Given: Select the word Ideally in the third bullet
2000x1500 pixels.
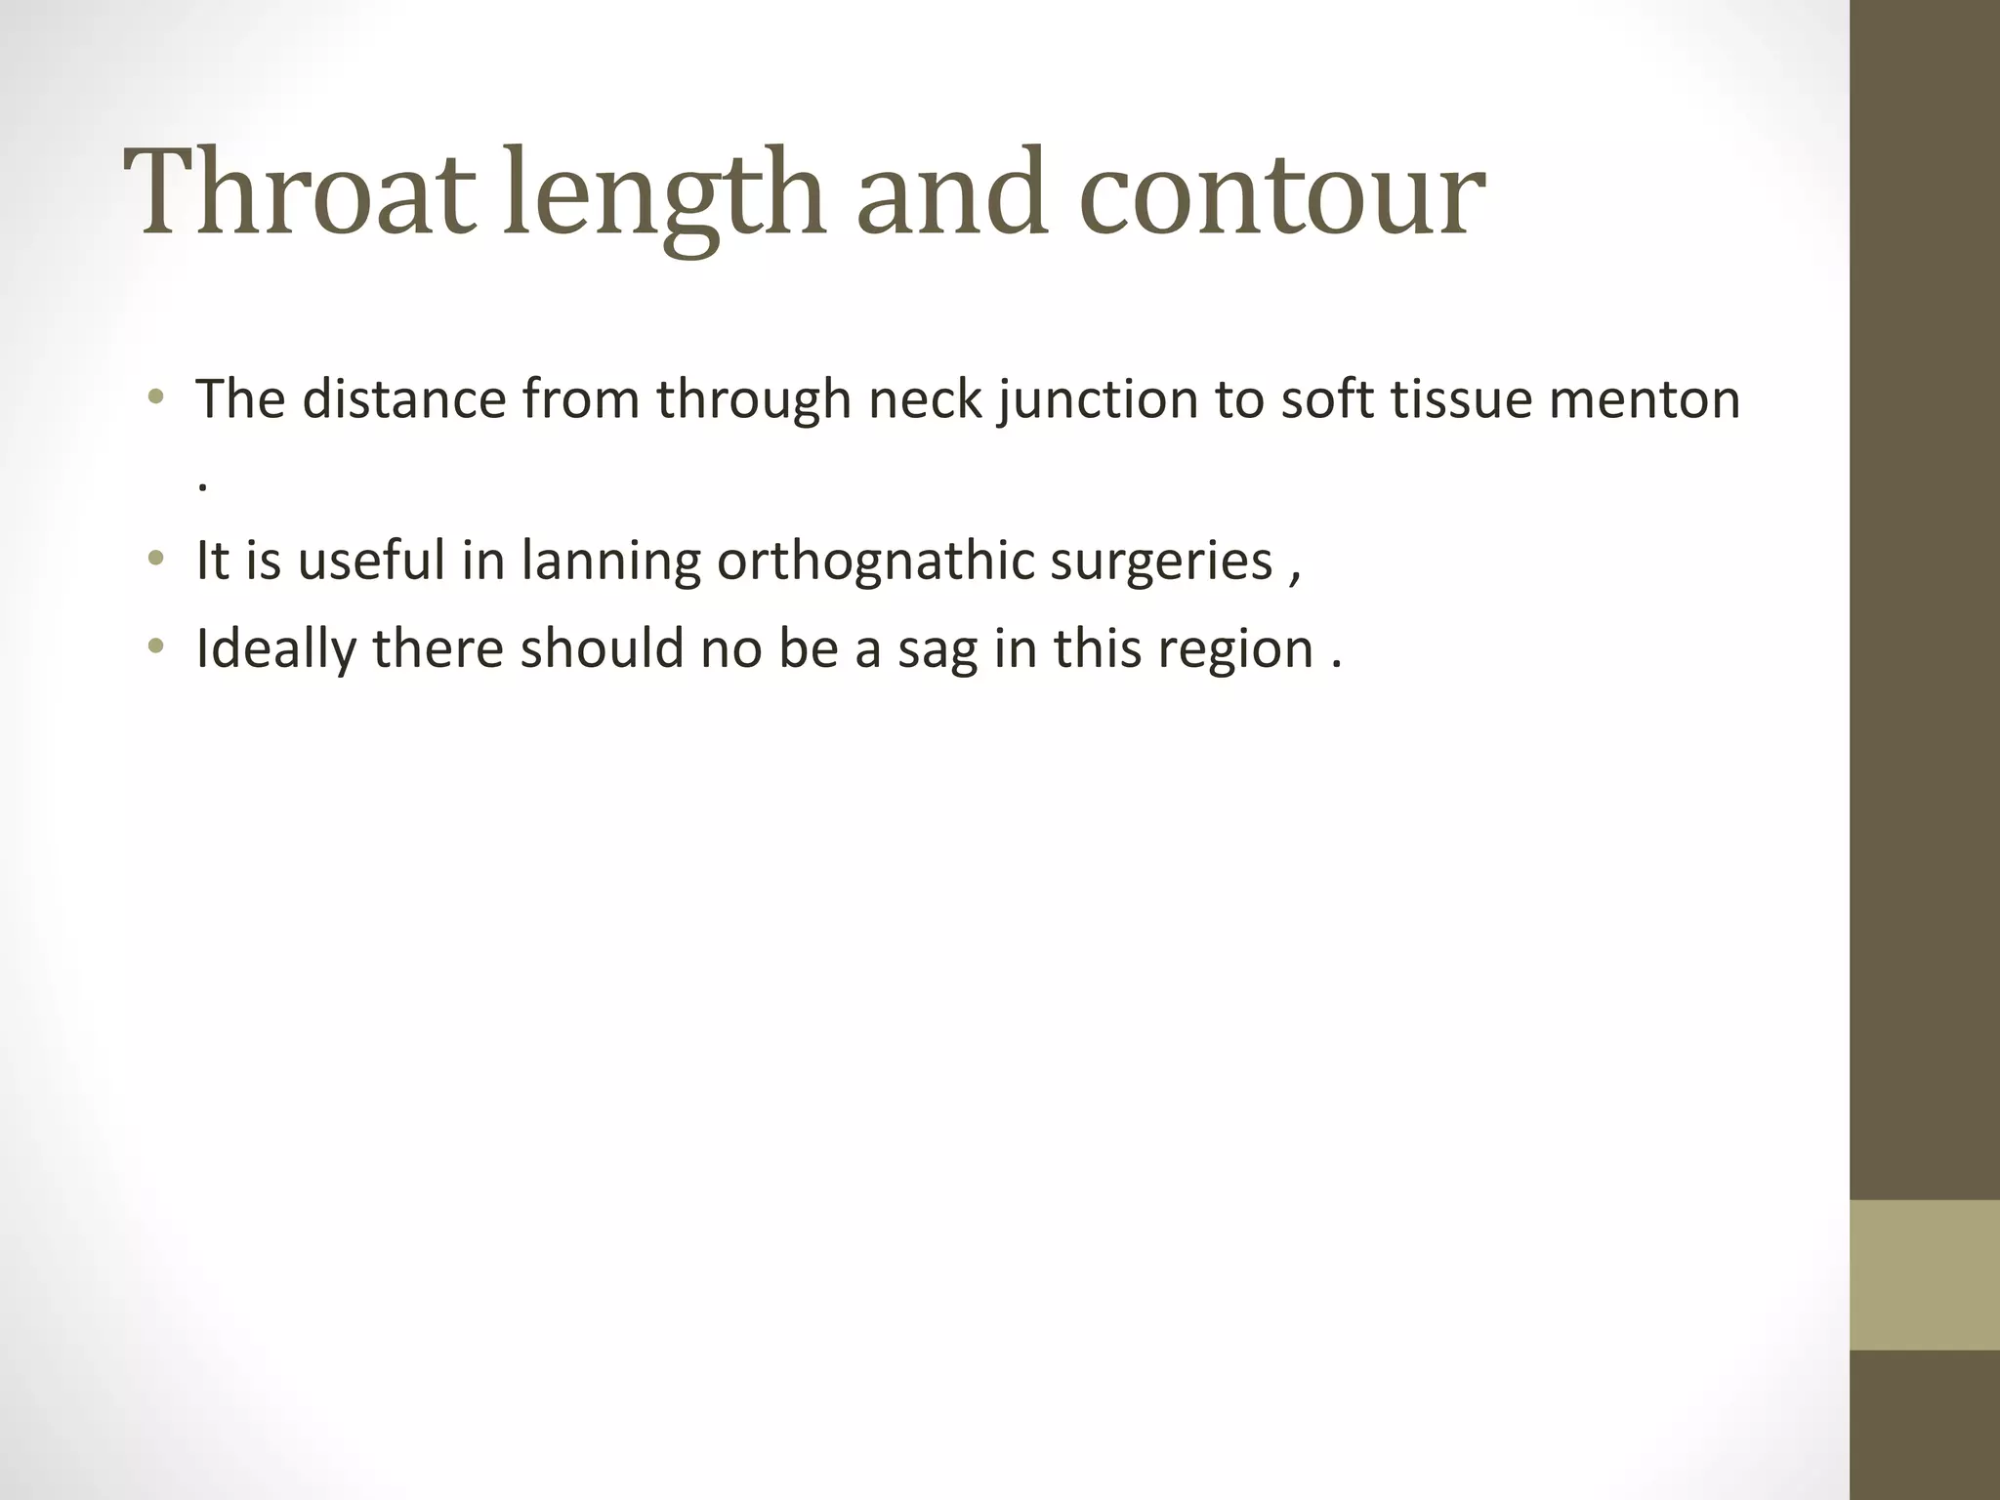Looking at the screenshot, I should pos(275,649).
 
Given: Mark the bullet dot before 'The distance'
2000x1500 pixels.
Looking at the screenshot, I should pos(155,398).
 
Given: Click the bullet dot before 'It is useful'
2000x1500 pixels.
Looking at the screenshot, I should pos(155,560).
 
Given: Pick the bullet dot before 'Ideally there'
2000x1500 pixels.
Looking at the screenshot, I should pos(155,647).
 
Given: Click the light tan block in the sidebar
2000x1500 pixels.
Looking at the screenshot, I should pos(1924,1274).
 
